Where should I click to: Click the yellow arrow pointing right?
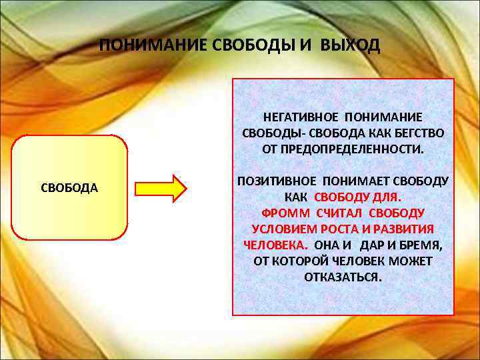click(x=161, y=188)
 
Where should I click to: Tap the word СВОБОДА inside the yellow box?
click(x=69, y=188)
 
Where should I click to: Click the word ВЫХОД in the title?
click(x=351, y=46)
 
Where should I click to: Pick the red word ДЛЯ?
click(x=386, y=197)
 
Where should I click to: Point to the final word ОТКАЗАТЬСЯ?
click(x=343, y=277)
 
